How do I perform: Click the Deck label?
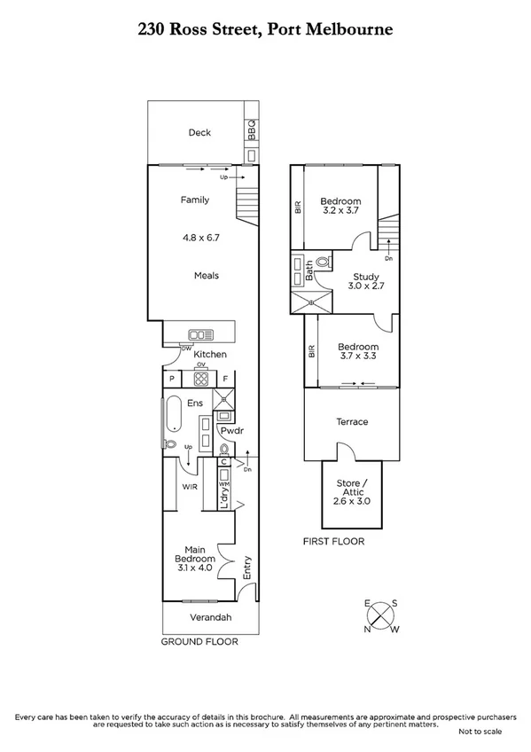click(199, 133)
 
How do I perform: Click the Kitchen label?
click(211, 355)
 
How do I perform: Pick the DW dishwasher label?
click(186, 349)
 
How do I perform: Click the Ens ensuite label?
click(196, 403)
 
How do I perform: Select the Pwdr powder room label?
click(232, 431)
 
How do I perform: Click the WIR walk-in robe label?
click(190, 487)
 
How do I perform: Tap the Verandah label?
click(211, 617)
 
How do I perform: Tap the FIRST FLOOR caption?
click(333, 541)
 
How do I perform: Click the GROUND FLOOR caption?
click(196, 640)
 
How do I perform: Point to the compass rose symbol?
click(381, 614)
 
